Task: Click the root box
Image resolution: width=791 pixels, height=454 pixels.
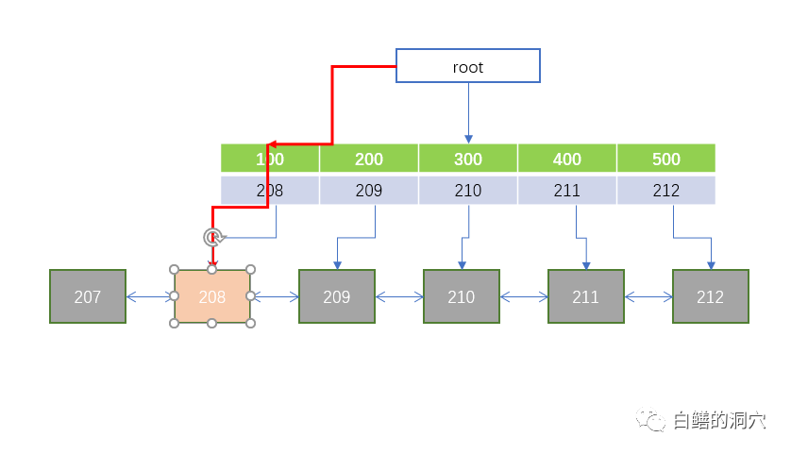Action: pyautogui.click(x=467, y=66)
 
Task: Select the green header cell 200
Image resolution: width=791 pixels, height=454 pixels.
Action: pyautogui.click(x=369, y=159)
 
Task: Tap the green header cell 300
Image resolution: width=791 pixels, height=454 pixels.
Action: pyautogui.click(x=468, y=159)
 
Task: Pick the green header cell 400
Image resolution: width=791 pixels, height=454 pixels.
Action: pyautogui.click(x=567, y=159)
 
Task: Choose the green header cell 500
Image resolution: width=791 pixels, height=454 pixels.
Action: pyautogui.click(x=666, y=159)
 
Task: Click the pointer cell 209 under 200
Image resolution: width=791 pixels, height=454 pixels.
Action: pyautogui.click(x=369, y=191)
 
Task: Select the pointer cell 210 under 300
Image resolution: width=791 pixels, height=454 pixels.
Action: pyautogui.click(x=468, y=191)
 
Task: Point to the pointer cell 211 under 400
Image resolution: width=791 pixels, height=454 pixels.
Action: pyautogui.click(x=567, y=191)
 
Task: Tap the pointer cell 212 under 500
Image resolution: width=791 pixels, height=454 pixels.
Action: pyautogui.click(x=666, y=191)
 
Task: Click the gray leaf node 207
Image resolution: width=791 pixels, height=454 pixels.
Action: pyautogui.click(x=88, y=296)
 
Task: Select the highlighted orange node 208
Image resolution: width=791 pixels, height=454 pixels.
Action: pyautogui.click(x=212, y=296)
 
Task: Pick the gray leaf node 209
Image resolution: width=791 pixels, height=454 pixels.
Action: pyautogui.click(x=337, y=296)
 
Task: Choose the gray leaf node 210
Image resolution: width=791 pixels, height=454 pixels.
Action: pyautogui.click(x=462, y=296)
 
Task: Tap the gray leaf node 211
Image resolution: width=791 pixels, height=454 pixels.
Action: pyautogui.click(x=586, y=296)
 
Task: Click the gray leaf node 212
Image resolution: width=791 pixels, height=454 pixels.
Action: pyautogui.click(x=710, y=296)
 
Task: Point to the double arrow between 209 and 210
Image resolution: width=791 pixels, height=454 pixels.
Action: pyautogui.click(x=399, y=296)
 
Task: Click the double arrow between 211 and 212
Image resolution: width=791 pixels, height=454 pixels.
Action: pyautogui.click(x=648, y=296)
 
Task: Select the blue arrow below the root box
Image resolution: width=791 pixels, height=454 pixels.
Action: pyautogui.click(x=468, y=112)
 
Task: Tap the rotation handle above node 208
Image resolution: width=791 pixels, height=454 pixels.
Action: pyautogui.click(x=212, y=237)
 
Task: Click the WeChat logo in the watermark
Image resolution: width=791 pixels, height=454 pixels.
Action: pyautogui.click(x=650, y=419)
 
